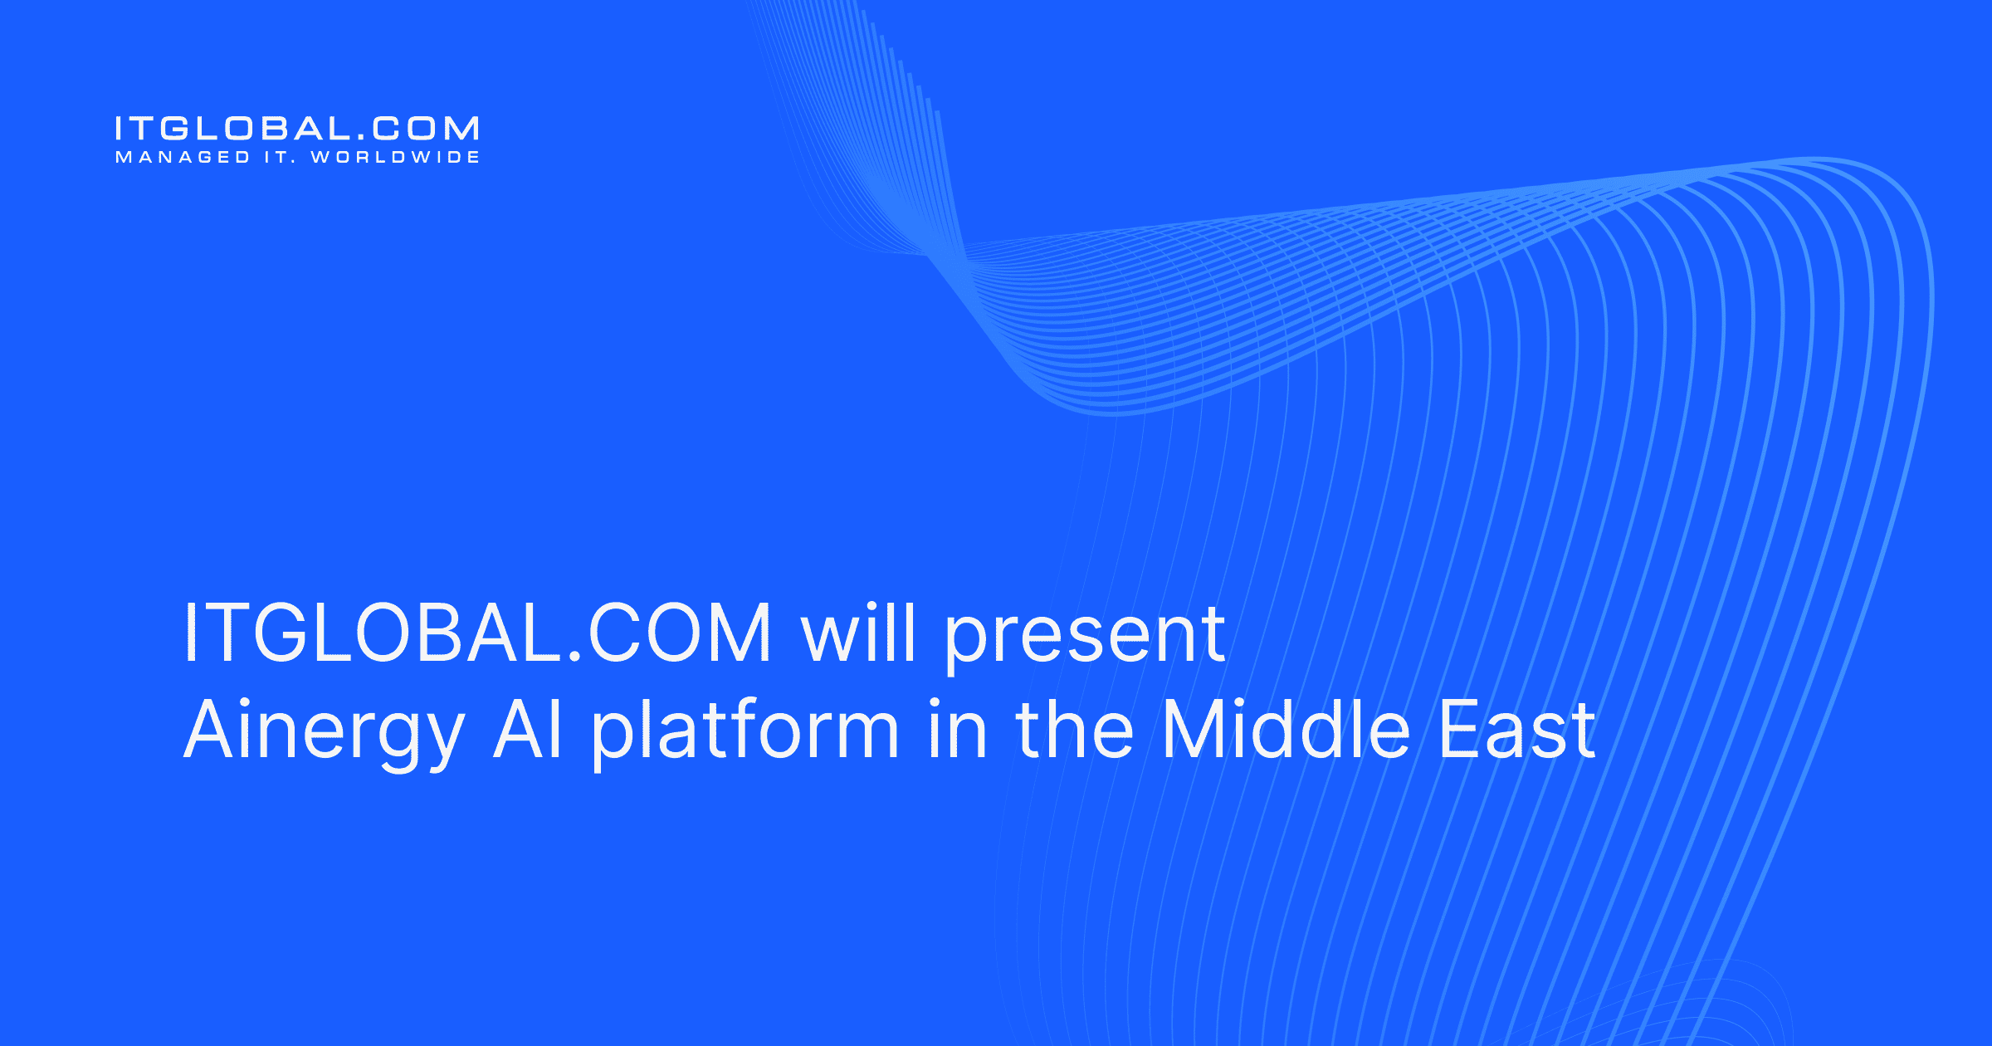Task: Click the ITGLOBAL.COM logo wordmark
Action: point(296,129)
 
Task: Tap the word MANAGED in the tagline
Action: point(183,158)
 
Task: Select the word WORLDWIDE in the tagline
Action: point(395,158)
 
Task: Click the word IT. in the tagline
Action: point(281,158)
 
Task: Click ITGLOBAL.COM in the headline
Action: point(477,633)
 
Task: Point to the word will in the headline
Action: point(858,633)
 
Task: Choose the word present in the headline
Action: point(1085,639)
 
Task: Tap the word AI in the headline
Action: point(529,729)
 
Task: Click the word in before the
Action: point(957,729)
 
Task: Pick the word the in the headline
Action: point(1074,729)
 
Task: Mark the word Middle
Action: point(1286,729)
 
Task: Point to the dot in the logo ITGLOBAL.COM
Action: point(361,137)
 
